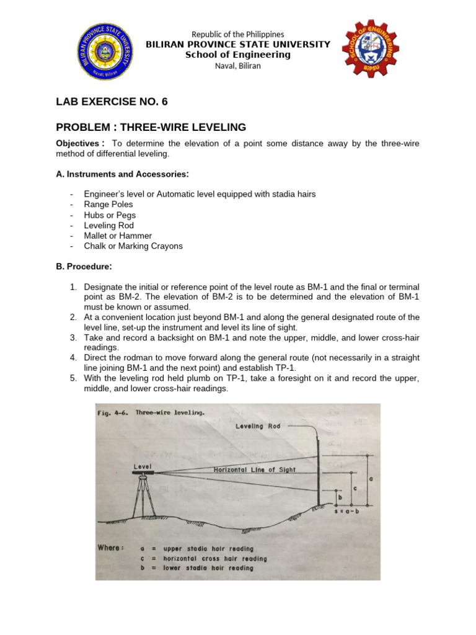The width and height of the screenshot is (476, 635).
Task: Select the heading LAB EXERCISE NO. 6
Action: [x=112, y=102]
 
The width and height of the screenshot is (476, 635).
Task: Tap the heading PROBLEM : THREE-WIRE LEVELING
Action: [x=151, y=127]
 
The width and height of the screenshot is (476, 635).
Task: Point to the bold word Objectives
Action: [x=79, y=144]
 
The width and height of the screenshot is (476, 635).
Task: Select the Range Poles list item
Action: [x=108, y=205]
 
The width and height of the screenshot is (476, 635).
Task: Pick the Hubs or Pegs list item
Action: [x=110, y=215]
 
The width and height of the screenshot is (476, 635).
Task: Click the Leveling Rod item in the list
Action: [x=109, y=226]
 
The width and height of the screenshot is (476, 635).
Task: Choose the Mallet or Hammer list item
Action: [x=118, y=236]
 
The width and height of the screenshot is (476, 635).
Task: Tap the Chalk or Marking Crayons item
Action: [x=133, y=246]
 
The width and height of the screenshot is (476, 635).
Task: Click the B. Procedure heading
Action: [x=84, y=267]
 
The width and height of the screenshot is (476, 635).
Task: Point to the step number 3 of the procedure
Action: [x=73, y=337]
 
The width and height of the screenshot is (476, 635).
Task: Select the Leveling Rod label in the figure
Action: [x=258, y=426]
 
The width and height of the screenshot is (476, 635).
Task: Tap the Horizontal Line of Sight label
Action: [x=255, y=470]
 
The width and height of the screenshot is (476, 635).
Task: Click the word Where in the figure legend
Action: [x=110, y=547]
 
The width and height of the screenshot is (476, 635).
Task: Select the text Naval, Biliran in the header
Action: [x=237, y=66]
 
